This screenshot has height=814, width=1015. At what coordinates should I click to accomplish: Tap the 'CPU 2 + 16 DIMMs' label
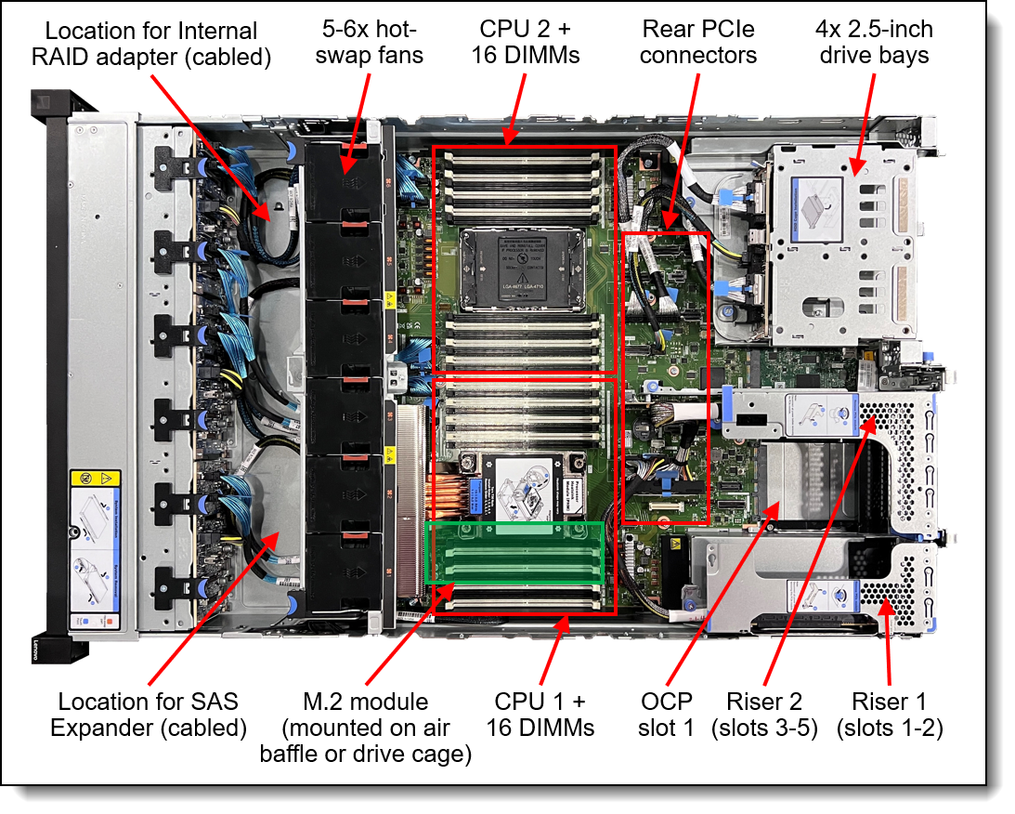(x=529, y=44)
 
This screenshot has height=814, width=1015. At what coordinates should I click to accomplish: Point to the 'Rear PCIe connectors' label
(x=698, y=44)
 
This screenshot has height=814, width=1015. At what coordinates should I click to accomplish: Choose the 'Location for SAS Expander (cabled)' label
(x=149, y=714)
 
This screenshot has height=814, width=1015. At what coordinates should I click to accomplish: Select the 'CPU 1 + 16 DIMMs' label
(x=540, y=714)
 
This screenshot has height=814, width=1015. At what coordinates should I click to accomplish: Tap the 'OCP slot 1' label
(x=666, y=714)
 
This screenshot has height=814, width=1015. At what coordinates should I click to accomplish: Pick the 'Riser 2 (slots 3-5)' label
(x=764, y=714)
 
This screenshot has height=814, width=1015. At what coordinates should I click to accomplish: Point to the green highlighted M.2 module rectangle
(x=514, y=552)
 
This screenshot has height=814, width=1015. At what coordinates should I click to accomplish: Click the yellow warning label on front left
(x=96, y=479)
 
